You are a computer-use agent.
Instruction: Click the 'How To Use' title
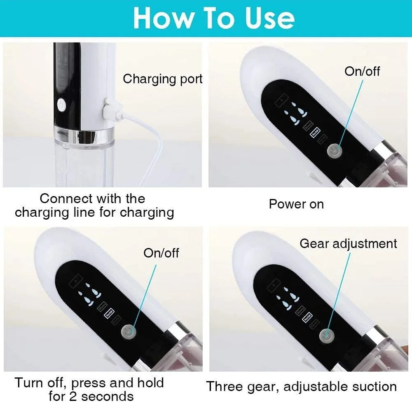coord(214,18)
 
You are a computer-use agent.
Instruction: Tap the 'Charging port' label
coord(163,79)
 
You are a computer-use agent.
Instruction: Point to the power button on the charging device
coord(61,104)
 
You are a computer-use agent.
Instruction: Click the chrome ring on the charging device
coord(84,133)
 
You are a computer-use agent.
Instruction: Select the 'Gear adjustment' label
coord(348,243)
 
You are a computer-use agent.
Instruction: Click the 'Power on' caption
coord(296,204)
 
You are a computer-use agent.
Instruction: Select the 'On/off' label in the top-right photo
coord(362,71)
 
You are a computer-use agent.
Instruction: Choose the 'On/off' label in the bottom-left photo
coord(161,253)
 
